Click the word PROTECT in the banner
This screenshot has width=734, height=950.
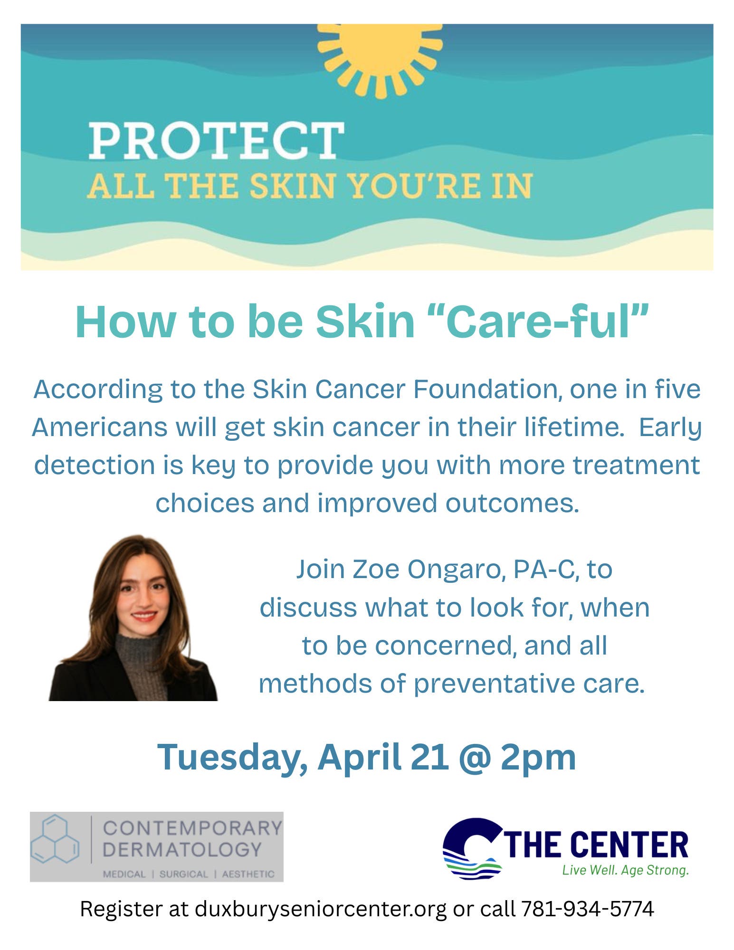pyautogui.click(x=216, y=141)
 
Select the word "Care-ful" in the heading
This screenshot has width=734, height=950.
pyautogui.click(x=547, y=321)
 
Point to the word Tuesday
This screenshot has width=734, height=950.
pyautogui.click(x=232, y=757)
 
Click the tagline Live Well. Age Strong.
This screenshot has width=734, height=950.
pyautogui.click(x=625, y=870)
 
